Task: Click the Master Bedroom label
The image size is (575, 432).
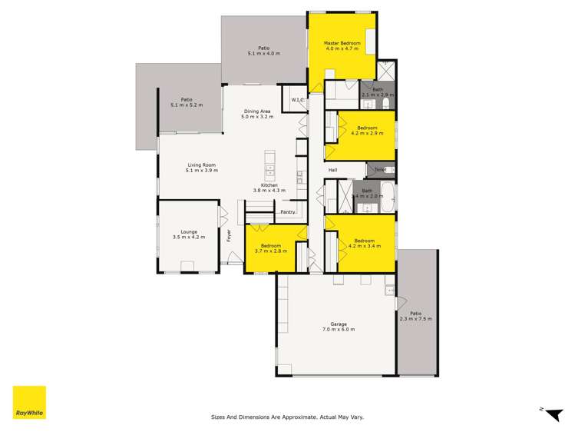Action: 342,43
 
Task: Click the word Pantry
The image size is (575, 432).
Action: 288,212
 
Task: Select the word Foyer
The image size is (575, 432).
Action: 228,236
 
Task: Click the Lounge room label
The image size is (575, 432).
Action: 189,231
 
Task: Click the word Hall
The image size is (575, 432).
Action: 333,171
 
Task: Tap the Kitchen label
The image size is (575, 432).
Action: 269,185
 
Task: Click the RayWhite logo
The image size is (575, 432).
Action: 29,402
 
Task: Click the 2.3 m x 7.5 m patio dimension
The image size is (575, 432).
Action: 415,319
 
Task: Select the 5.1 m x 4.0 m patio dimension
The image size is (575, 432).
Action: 263,54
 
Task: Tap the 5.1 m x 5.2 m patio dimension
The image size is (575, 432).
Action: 187,105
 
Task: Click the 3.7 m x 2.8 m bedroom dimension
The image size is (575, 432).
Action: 269,251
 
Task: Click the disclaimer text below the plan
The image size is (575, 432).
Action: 287,417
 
